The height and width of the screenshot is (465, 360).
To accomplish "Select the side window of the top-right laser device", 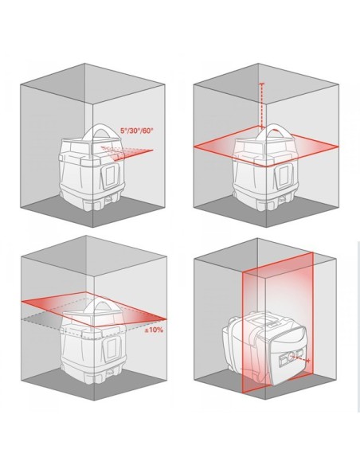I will coord(284,170).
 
